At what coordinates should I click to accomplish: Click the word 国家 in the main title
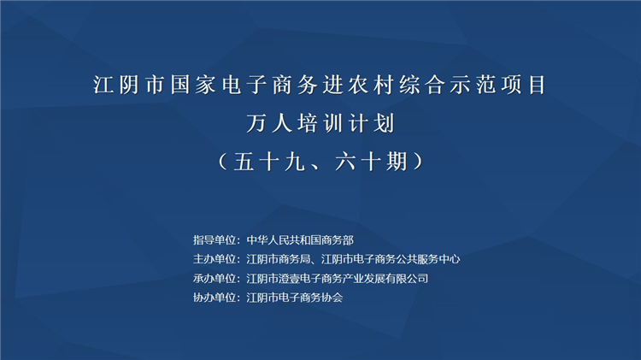(192, 86)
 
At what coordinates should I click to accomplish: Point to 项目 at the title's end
(524, 86)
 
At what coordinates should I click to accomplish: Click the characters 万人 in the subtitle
(269, 123)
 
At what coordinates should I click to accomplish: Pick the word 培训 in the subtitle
(320, 123)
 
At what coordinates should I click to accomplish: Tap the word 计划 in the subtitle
(371, 123)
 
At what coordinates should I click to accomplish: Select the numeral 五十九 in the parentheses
(269, 162)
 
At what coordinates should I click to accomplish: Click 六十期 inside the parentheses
(371, 162)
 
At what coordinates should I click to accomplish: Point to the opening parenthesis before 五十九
(223, 162)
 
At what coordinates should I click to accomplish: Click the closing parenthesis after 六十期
(418, 162)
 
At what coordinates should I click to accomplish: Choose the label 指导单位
(215, 240)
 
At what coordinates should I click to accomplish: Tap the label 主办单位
(215, 259)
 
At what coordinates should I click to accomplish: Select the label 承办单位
(215, 279)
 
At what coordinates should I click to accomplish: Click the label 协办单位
(215, 298)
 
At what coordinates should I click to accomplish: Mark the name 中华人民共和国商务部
(300, 240)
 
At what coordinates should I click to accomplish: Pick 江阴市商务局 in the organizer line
(279, 259)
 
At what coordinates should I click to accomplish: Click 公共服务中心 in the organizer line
(428, 259)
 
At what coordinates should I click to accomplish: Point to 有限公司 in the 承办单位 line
(407, 279)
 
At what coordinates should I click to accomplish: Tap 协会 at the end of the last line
(332, 298)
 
